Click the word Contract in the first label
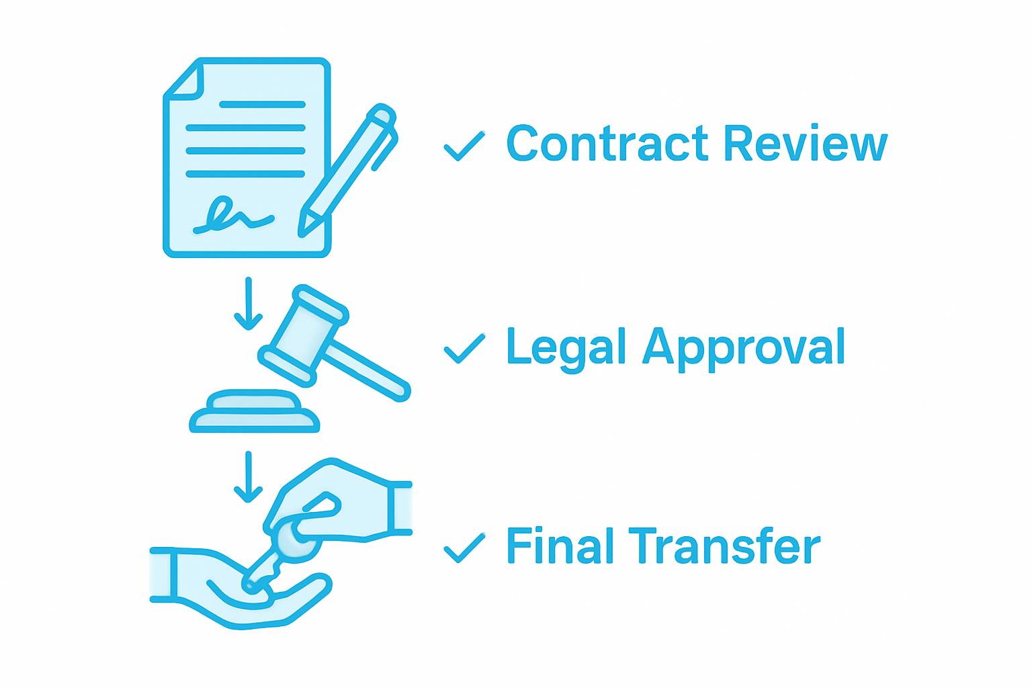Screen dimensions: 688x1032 coord(607,144)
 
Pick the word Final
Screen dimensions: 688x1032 coord(560,546)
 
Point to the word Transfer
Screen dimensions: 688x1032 coord(724,546)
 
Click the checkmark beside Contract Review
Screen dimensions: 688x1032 coord(464,146)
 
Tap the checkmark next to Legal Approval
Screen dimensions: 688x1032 coord(464,348)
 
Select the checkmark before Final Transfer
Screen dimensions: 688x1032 coord(464,548)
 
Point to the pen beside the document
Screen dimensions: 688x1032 coord(349,168)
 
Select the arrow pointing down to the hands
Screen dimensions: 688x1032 coord(249,477)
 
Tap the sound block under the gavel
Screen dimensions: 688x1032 coord(254,413)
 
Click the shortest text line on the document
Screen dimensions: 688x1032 coord(262,105)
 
